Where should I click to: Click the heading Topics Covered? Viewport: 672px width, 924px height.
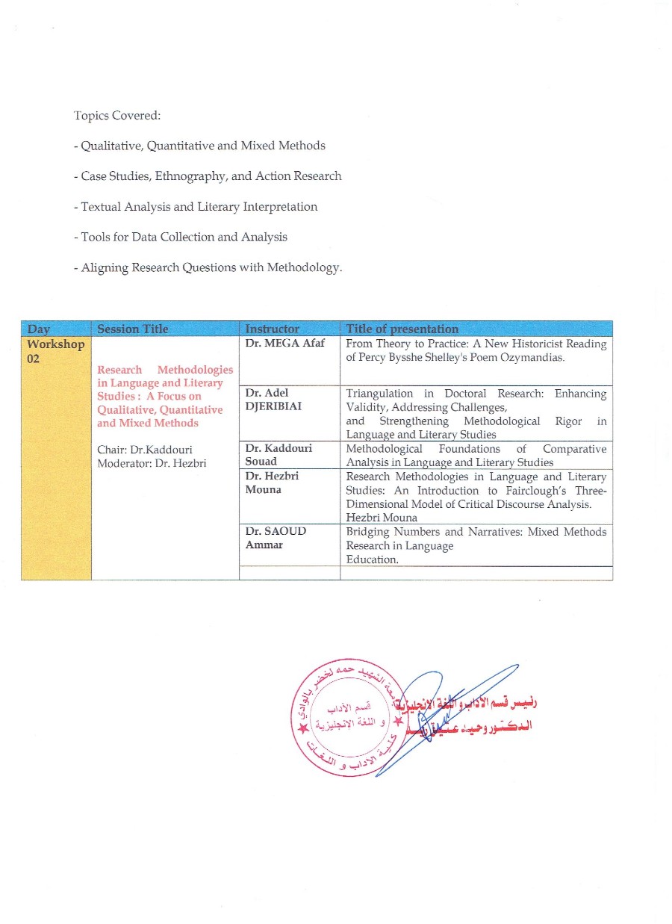117,116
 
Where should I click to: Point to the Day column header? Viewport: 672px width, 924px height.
39,329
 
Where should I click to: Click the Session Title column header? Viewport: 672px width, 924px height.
133,329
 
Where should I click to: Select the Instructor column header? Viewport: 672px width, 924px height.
273,329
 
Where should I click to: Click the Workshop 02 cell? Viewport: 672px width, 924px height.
55,351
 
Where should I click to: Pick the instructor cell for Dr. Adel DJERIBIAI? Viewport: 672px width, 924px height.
273,399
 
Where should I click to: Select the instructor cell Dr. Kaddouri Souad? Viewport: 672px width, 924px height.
279,455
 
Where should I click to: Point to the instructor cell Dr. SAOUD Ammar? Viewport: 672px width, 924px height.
276,538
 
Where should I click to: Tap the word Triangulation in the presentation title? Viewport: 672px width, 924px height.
379,393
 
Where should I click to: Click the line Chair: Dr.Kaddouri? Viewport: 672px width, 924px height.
140,450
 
